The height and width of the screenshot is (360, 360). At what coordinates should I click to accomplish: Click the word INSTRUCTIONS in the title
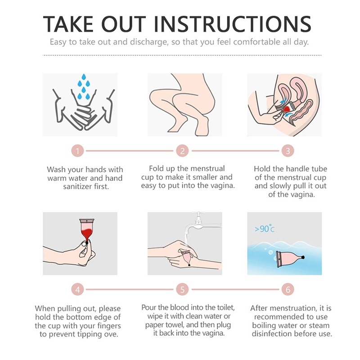coord(232,24)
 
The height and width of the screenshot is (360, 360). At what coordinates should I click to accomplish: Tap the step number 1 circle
coord(77,151)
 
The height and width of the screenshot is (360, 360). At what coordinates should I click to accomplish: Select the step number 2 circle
coord(182,151)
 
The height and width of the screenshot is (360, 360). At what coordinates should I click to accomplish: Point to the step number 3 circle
coord(288,151)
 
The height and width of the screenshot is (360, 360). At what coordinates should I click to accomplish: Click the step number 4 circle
coord(77,289)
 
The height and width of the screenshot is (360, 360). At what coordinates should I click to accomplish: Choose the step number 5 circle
coord(182,289)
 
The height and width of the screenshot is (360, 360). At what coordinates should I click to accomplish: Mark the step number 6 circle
coord(288,289)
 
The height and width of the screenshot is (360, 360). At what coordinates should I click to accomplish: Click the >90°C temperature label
coord(265,229)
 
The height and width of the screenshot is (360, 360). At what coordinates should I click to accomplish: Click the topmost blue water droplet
coord(84,76)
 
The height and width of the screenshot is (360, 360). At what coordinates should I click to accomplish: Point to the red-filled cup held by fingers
coord(86,230)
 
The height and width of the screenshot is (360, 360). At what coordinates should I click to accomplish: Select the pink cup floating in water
coord(290,259)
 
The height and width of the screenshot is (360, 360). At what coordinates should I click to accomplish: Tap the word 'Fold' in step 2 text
coord(157,168)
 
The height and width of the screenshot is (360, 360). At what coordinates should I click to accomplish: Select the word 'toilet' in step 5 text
coord(225,308)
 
